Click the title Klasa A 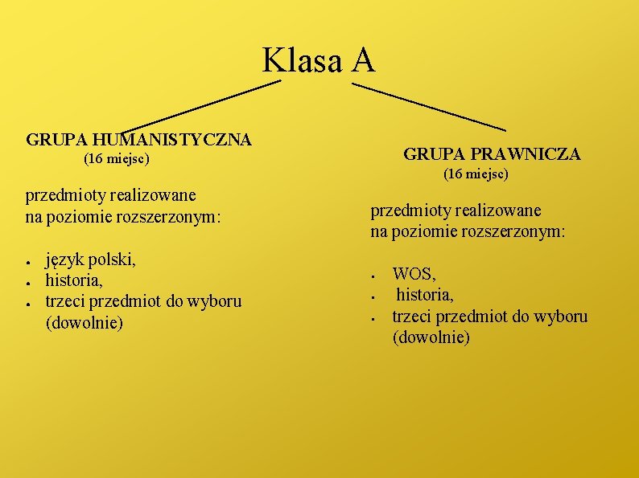tap(319, 59)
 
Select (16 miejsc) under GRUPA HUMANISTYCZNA tap(117, 160)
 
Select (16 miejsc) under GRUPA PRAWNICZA tap(476, 174)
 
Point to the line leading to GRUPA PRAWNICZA tap(429, 105)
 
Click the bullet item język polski tap(91, 259)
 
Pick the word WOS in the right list tap(414, 275)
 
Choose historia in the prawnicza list tap(425, 296)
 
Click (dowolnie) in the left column tap(85, 323)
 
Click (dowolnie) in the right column tap(431, 337)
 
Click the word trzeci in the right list tap(413, 317)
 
